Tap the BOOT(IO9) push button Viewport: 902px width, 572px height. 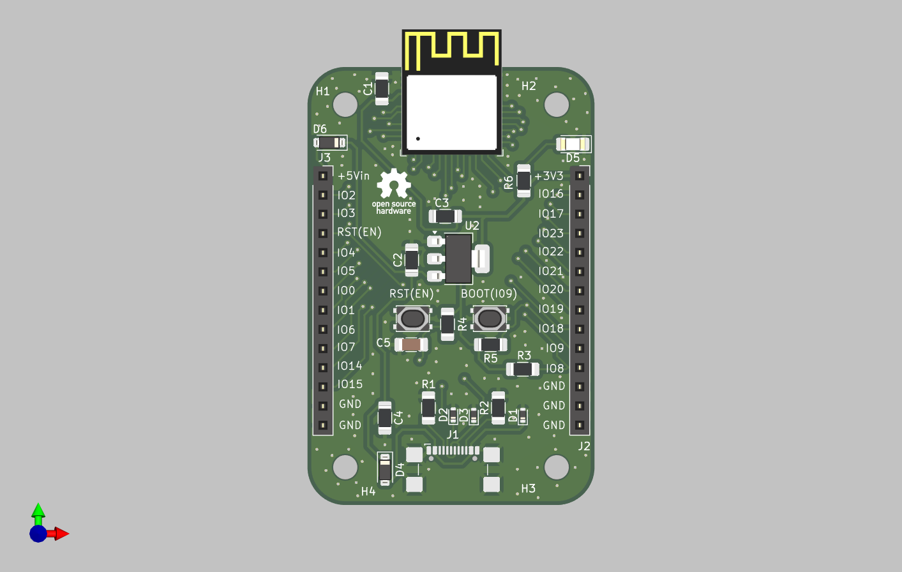pos(490,318)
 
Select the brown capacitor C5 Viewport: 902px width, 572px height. pos(411,345)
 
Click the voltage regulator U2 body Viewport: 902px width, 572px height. pos(458,259)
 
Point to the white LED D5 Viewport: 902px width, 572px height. pos(573,144)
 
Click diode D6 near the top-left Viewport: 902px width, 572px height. pos(330,142)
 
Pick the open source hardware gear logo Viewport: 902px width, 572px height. pos(394,184)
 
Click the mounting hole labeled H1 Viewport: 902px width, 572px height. pos(345,104)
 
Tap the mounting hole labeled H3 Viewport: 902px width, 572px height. pos(557,467)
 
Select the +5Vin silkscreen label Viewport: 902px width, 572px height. pos(354,176)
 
